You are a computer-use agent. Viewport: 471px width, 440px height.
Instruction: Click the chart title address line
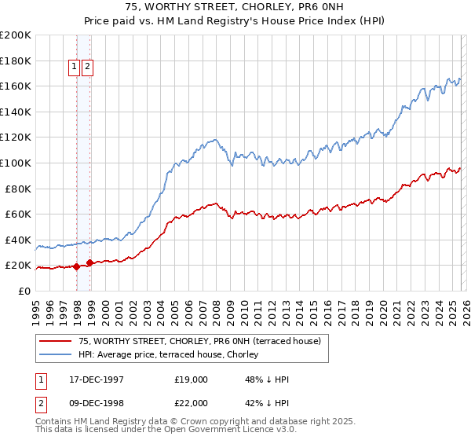(x=235, y=6)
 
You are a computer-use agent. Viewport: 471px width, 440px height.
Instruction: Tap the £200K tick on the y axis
(x=16, y=35)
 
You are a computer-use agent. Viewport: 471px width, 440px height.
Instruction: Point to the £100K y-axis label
(x=16, y=163)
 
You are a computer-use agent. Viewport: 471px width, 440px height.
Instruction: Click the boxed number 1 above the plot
(x=75, y=68)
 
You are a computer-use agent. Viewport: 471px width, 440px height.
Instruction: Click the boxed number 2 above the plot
(x=87, y=68)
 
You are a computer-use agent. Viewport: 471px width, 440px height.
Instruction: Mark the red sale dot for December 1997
(x=77, y=266)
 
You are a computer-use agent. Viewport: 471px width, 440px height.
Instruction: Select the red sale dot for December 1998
(x=90, y=262)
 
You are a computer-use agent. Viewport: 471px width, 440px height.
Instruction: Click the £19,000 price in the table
(x=192, y=379)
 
